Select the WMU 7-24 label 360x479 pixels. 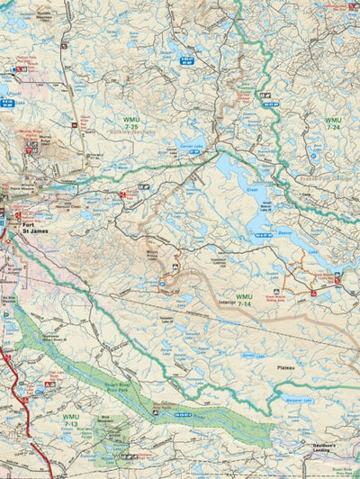pos(333,122)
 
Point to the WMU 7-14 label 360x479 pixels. pos(244,301)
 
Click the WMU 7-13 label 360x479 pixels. pos(71,420)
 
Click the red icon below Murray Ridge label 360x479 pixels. pos(29,150)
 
